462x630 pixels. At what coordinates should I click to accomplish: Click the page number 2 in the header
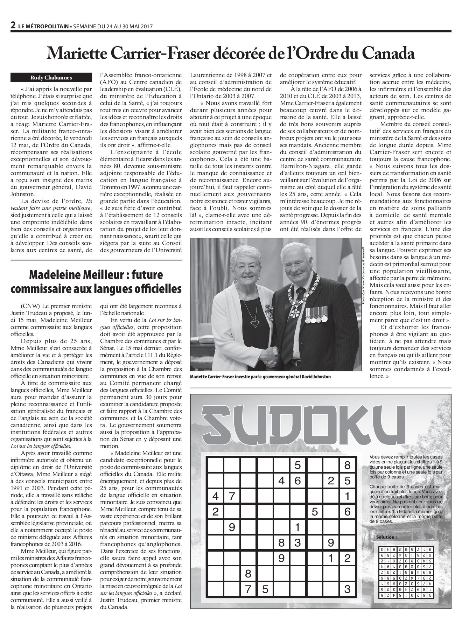13,25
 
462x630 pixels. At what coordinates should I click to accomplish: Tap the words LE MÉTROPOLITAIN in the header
43,26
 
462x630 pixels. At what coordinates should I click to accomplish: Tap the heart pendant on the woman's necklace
257,322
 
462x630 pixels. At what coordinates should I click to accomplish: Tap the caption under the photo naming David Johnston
259,377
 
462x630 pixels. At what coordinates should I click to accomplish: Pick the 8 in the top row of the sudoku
347,465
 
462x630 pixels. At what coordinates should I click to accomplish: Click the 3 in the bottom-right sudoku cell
347,589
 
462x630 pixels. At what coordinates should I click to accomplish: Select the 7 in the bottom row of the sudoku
248,589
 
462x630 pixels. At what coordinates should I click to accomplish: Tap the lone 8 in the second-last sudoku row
248,574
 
